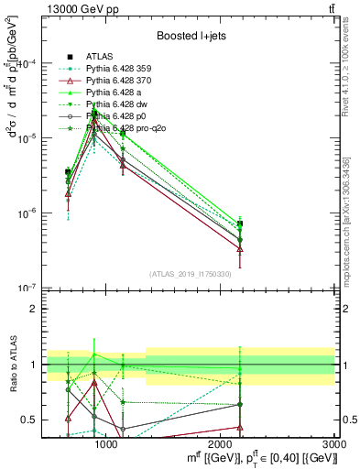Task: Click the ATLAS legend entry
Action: pyautogui.click(x=100, y=56)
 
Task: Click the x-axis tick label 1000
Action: pyautogui.click(x=106, y=444)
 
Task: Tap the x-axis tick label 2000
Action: pyautogui.click(x=221, y=444)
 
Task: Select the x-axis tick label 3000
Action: pyautogui.click(x=334, y=444)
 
